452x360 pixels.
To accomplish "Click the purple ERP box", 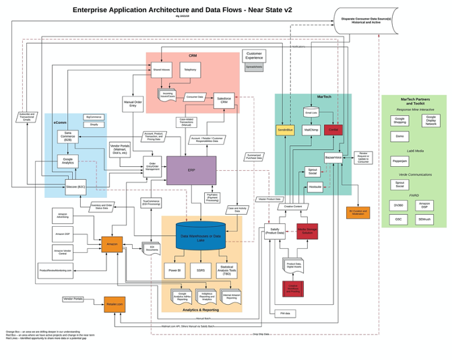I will (191, 171).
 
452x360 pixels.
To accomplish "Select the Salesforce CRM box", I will (224, 100).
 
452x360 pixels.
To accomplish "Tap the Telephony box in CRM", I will (190, 69).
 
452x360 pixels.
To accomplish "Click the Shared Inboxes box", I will (162, 69).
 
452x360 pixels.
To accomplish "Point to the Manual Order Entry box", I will (133, 104).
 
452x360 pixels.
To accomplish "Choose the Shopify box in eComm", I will (94, 124).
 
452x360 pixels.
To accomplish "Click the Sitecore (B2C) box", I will (76, 187).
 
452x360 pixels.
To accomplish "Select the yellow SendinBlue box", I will (285, 129).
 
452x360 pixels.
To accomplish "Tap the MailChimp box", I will (311, 129).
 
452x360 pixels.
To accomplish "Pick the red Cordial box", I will (333, 129).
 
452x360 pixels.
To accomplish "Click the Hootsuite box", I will (315, 187).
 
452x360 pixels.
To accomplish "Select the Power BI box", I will (174, 271).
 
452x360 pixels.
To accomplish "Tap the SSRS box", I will (200, 271).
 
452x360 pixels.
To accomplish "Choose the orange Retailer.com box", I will (115, 304).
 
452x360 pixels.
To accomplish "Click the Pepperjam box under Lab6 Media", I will (399, 161).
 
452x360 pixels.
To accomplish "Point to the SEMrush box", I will (424, 219).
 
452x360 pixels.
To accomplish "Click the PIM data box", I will (285, 314).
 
